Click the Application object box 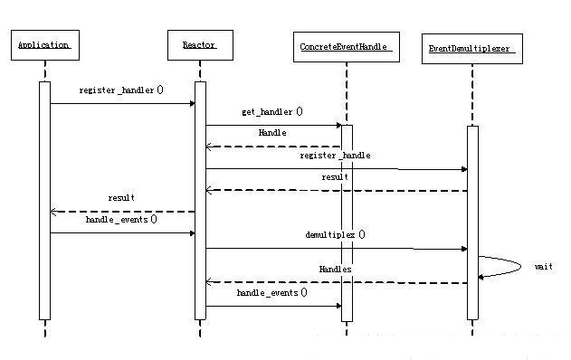pos(43,44)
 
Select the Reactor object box pos(198,44)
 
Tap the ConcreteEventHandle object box pos(347,47)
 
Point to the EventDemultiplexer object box pos(471,48)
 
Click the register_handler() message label pos(121,90)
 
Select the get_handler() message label pos(271,112)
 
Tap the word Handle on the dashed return pos(272,133)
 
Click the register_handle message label pos(335,156)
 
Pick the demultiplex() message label pos(335,234)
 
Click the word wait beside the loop pos(543,267)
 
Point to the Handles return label pos(335,270)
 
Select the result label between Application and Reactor pos(121,197)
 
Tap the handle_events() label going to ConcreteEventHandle pos(271,293)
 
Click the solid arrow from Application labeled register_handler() pos(122,103)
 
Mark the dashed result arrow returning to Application pos(122,212)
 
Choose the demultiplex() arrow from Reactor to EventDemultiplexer pos(335,248)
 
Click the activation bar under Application pos(44,199)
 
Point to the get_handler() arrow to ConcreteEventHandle pos(271,125)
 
